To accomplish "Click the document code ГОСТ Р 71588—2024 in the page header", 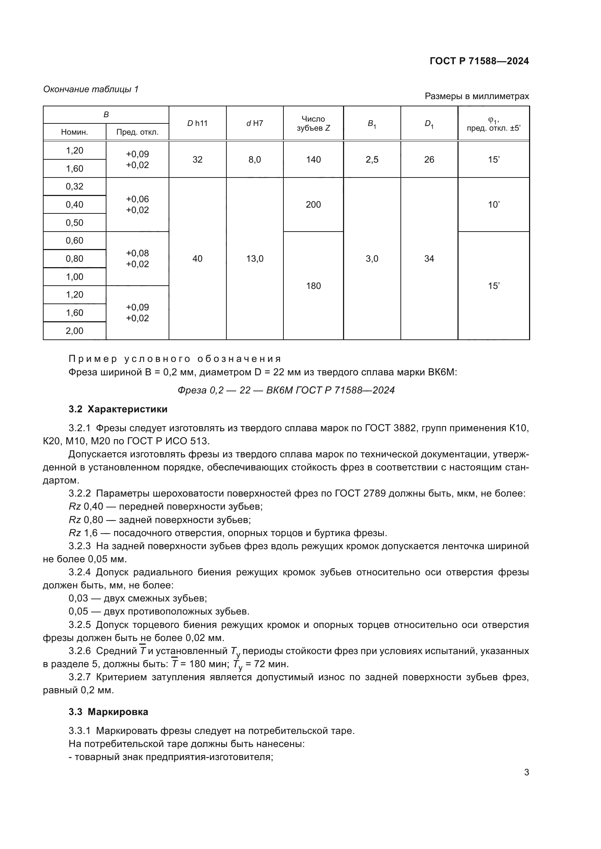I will tap(479, 61).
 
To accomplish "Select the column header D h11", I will tap(197, 123).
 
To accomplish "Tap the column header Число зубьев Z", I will tap(313, 123).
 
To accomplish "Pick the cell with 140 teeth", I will tap(313, 160).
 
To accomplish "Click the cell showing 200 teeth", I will tap(313, 205).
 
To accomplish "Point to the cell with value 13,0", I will tap(255, 259).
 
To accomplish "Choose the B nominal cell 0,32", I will tap(74, 187).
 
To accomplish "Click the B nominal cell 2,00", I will tap(74, 331).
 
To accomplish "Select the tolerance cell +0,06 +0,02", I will tap(137, 205).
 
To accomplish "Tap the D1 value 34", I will tap(429, 259).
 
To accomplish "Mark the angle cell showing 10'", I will tap(494, 205).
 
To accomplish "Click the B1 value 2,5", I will tap(372, 160).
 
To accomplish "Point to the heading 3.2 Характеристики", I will tap(118, 409).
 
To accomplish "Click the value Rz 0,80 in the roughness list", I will tap(86, 520).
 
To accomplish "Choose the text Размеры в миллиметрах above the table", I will tap(477, 97).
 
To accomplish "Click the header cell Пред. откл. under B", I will tap(137, 132).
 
